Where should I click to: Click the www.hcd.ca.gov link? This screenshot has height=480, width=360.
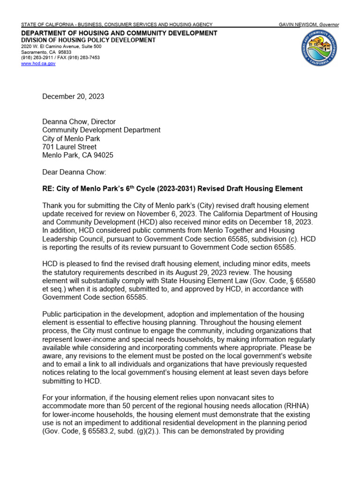tap(38, 64)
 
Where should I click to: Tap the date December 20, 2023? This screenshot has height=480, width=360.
tap(73, 97)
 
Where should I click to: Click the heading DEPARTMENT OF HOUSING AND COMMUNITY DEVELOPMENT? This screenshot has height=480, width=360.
tap(119, 33)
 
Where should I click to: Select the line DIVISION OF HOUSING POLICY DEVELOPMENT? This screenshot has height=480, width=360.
tap(89, 40)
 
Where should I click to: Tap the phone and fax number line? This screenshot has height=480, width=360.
tap(60, 58)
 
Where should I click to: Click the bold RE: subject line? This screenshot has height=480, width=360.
tap(172, 189)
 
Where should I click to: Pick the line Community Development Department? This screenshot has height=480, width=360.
tap(101, 130)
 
